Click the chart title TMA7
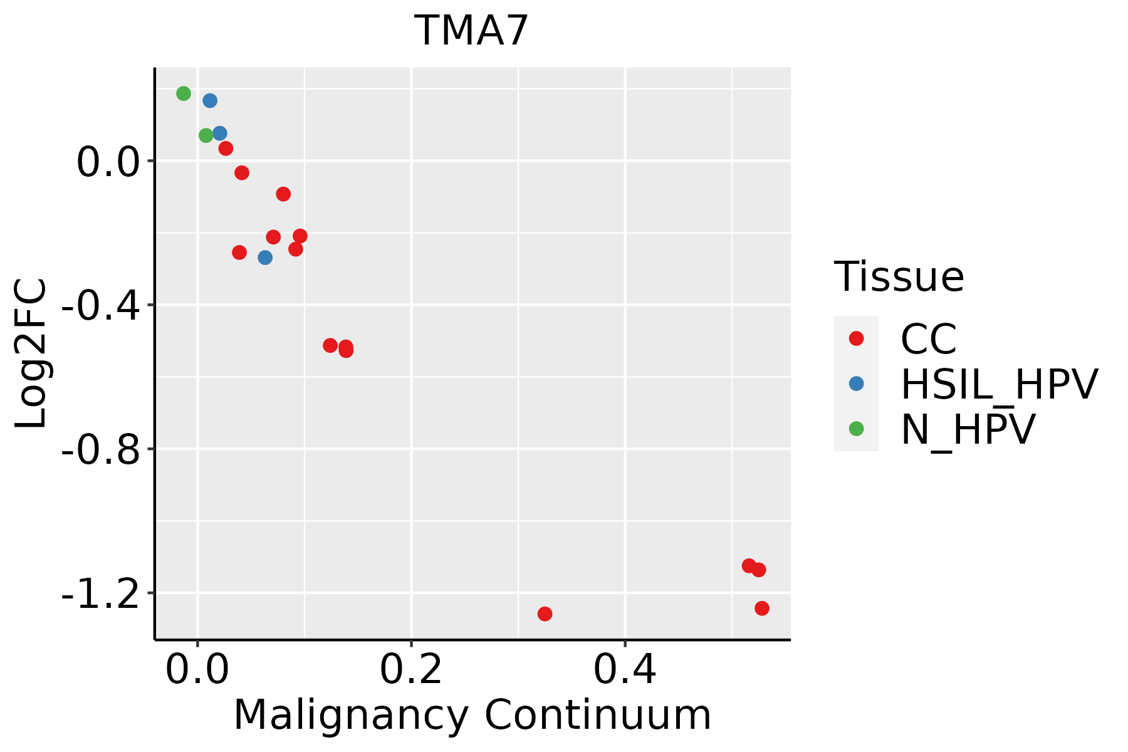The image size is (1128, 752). coord(472,31)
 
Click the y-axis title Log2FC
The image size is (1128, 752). coord(31,353)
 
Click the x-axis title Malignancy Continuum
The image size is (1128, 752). coord(472,715)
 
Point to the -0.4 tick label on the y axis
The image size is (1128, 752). coord(100,305)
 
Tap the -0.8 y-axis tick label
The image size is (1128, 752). coord(100,449)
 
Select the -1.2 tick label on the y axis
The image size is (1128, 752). coord(100,593)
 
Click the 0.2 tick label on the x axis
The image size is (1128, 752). coord(411,670)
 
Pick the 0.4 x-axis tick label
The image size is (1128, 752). coord(625,670)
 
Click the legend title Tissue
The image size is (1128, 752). coord(899,276)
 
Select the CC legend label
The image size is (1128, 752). coord(929,339)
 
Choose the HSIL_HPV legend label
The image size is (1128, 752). coord(999,384)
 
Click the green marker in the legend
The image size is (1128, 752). coord(856,429)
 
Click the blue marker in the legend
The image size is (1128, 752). coord(856,384)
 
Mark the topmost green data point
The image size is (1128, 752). coord(184,93)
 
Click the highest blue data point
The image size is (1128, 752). coord(210,100)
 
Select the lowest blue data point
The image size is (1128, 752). coord(265,258)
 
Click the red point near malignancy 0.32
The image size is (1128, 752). coord(545,614)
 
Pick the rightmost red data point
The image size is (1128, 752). coord(762,608)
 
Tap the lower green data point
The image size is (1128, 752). coord(206,135)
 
